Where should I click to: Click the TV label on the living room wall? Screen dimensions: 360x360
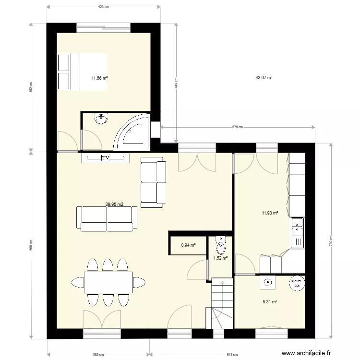(106, 157)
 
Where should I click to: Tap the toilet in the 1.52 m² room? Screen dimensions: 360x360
(220, 246)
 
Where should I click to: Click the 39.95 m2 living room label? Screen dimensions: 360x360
(115, 204)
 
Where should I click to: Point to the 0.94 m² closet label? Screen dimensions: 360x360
(188, 245)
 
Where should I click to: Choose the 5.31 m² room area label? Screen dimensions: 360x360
(270, 302)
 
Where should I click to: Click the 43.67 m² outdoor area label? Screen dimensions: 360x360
(264, 78)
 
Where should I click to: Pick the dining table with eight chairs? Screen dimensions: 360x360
(108, 282)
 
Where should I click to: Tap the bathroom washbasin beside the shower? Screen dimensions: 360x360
(101, 119)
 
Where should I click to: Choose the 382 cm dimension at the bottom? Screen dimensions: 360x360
(98, 355)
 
